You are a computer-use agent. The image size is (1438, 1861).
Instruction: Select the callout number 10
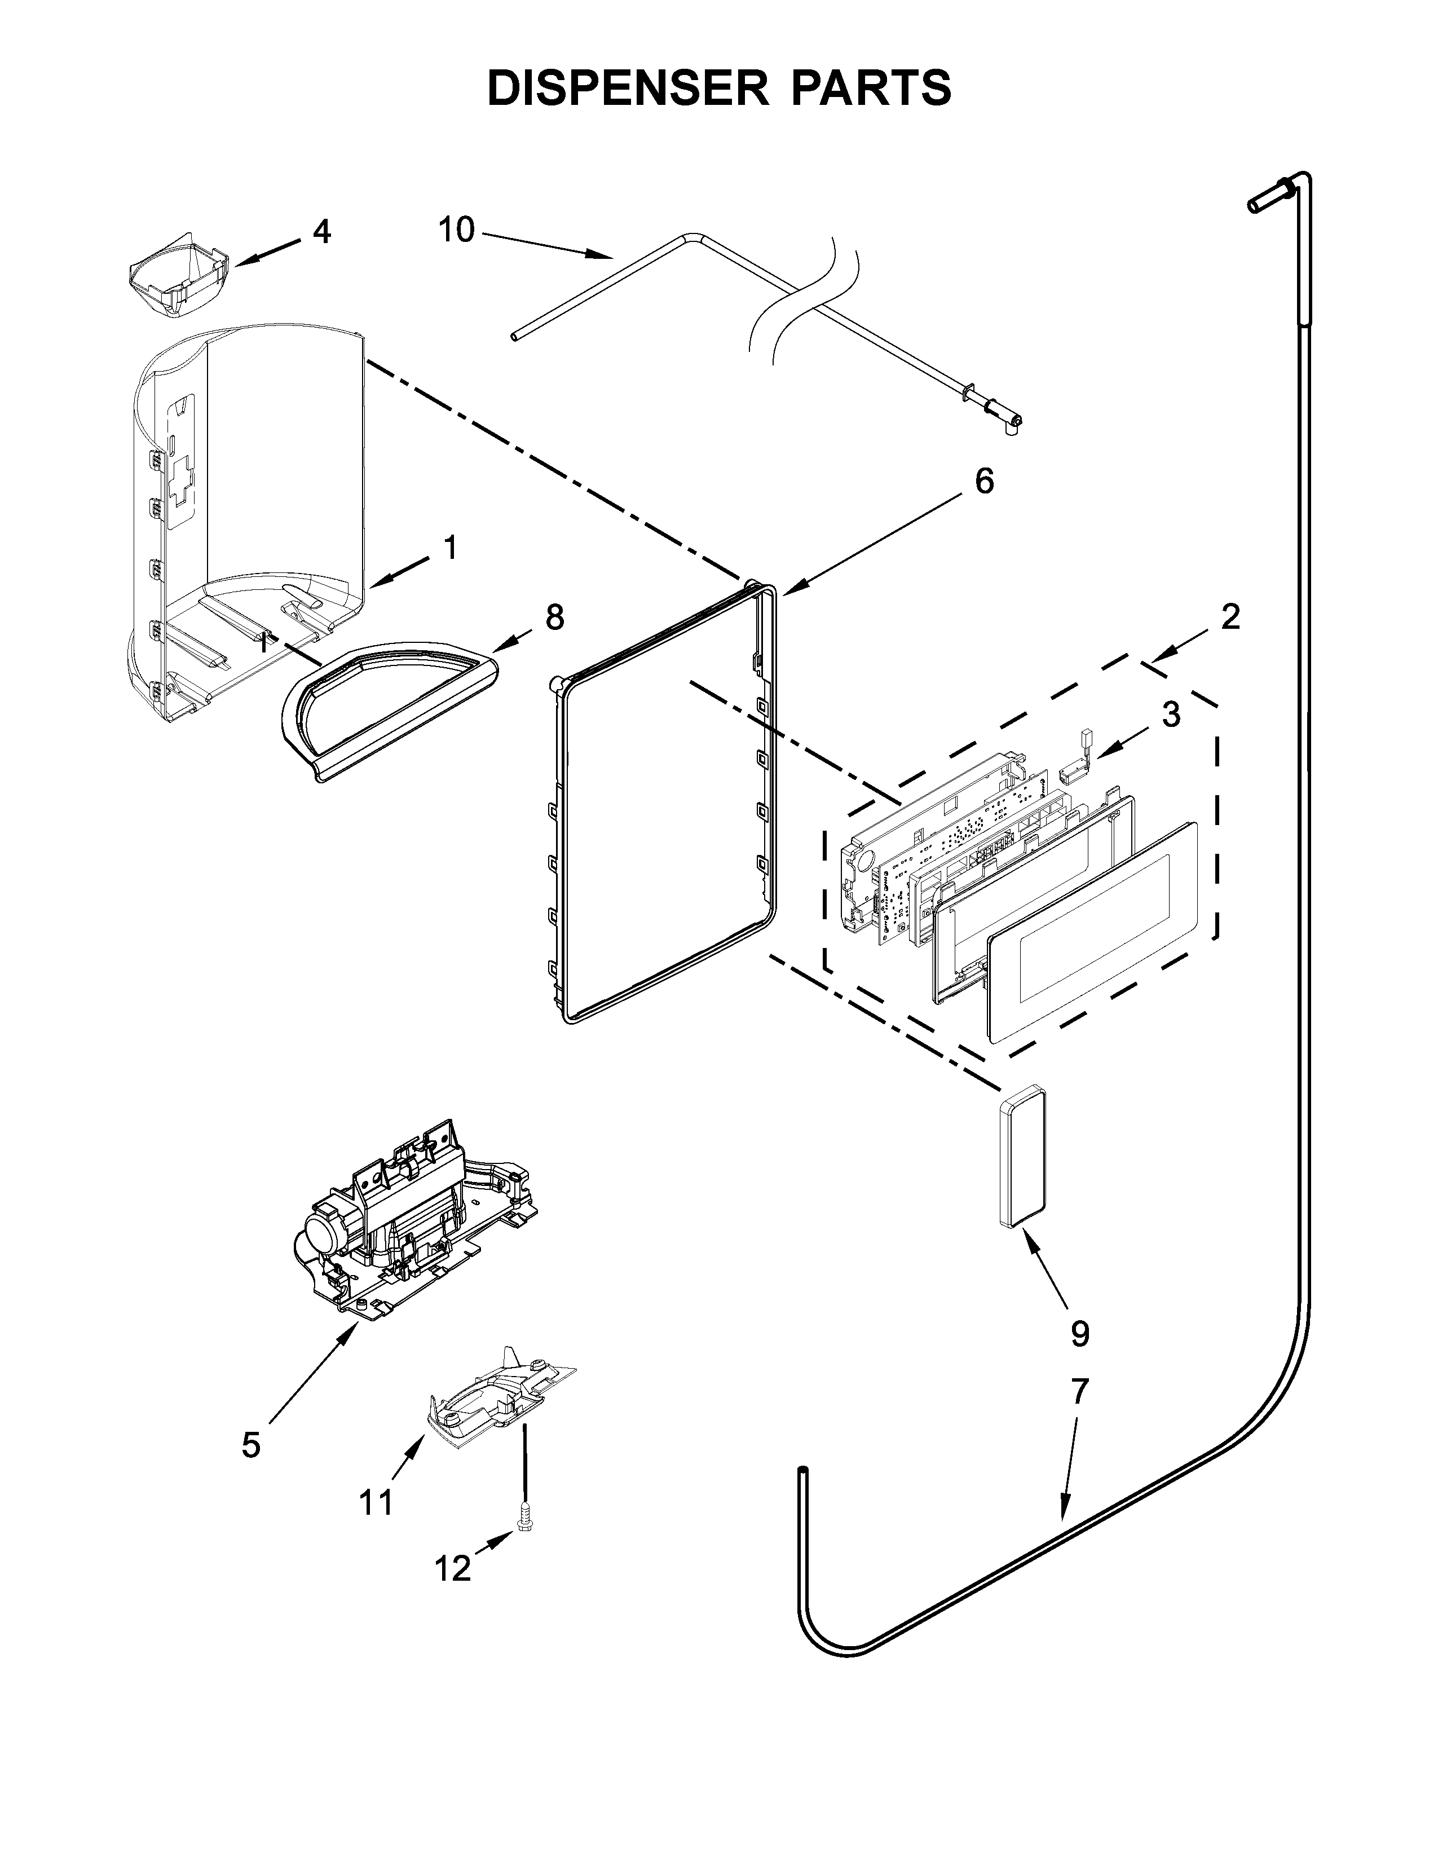coord(457,230)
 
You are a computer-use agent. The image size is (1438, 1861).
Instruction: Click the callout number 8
coord(554,617)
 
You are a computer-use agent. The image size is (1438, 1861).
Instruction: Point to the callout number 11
coord(376,1503)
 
